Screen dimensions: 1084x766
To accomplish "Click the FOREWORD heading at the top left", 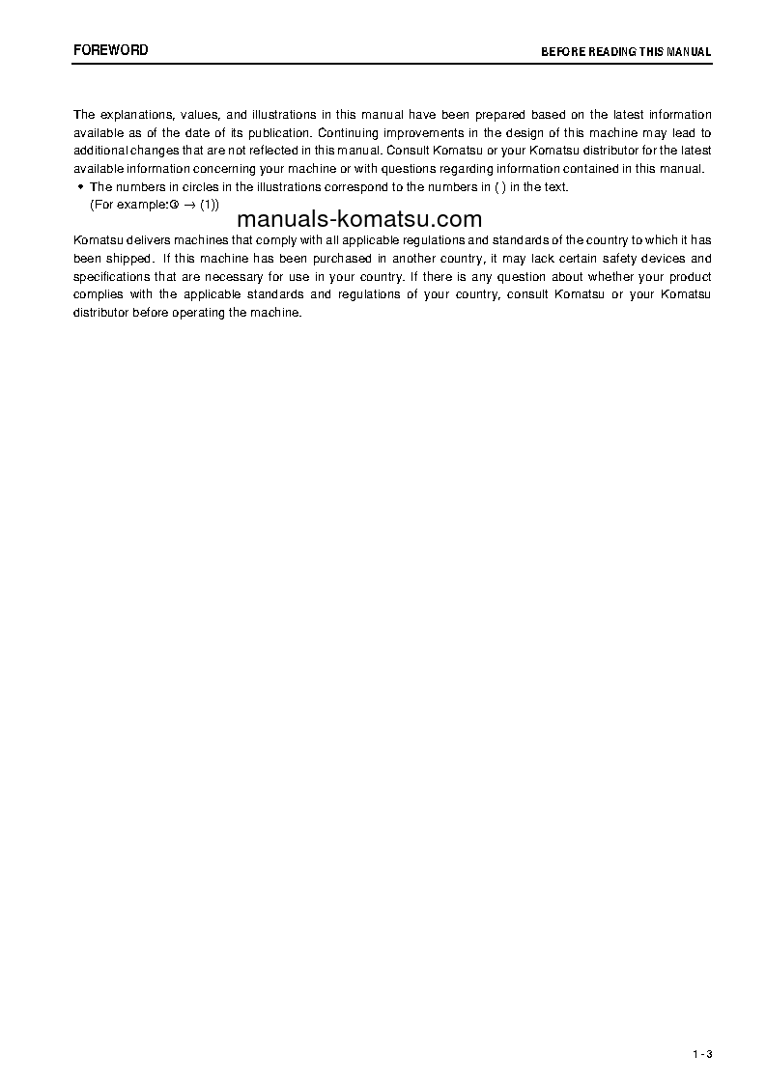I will [x=111, y=50].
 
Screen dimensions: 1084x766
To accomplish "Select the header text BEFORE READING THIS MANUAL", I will [x=626, y=52].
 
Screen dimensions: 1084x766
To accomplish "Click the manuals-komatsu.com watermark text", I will [x=358, y=219].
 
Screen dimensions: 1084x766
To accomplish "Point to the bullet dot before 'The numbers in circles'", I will [x=80, y=186].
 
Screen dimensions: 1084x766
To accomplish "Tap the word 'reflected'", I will [x=273, y=151].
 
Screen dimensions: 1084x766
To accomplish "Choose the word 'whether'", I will [x=603, y=276].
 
